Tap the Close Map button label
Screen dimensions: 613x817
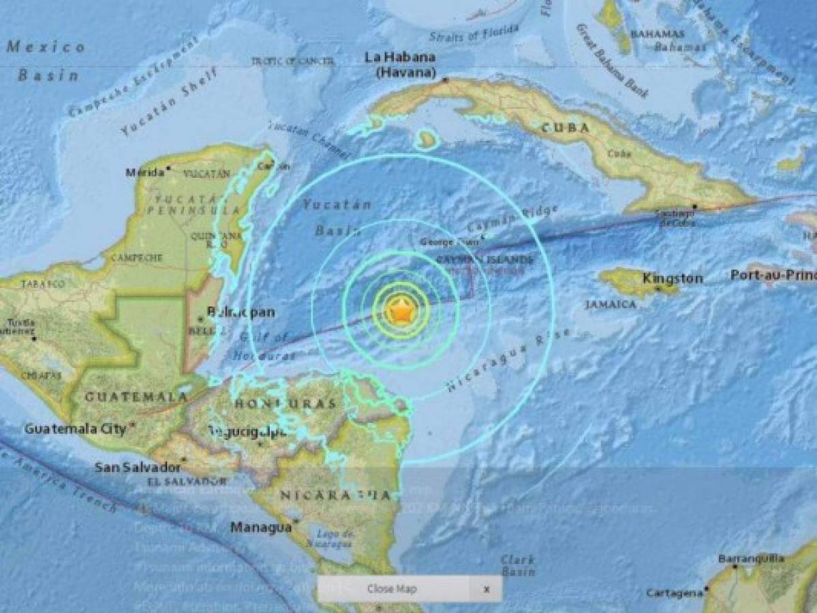tap(391, 589)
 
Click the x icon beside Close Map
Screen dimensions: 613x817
tap(486, 589)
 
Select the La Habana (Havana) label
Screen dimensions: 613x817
tap(399, 65)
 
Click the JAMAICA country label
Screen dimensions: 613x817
tap(611, 304)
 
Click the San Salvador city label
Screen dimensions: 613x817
tap(137, 467)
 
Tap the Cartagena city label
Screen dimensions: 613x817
tap(674, 593)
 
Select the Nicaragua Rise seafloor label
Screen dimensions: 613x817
tap(508, 362)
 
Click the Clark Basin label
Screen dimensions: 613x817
tap(517, 565)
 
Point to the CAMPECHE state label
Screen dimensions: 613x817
tap(136, 257)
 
